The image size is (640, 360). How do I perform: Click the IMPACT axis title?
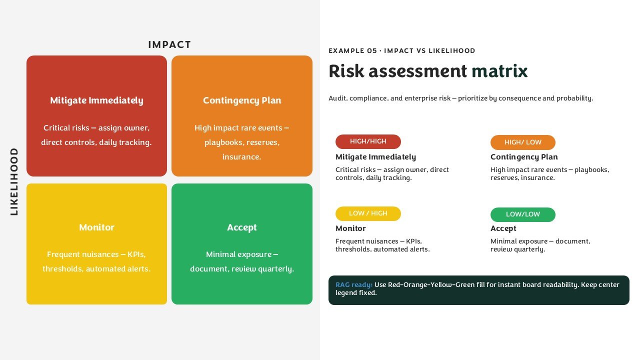169,44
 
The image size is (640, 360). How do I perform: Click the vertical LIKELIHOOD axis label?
14,181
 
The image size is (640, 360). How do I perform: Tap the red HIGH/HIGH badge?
368,141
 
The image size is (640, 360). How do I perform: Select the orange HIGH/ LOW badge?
523,142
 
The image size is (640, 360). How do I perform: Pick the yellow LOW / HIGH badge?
368,213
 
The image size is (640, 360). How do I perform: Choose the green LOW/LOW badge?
523,214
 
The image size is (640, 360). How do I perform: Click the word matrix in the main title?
499,71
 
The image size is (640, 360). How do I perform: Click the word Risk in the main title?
346,71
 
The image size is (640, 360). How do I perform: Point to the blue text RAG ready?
353,285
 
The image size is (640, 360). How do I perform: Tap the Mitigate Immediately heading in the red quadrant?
96,100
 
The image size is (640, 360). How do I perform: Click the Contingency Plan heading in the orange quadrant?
242,100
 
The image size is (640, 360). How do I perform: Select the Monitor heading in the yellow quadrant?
96,227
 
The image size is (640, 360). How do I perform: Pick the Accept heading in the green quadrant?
242,227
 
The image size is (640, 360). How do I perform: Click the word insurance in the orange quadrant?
241,157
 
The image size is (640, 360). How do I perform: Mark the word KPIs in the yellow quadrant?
136,254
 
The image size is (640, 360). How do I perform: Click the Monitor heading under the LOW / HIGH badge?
350,228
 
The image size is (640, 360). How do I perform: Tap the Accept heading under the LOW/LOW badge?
503,228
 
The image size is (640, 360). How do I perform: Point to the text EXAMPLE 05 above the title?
353,50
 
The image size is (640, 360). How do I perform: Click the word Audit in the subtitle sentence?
338,98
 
